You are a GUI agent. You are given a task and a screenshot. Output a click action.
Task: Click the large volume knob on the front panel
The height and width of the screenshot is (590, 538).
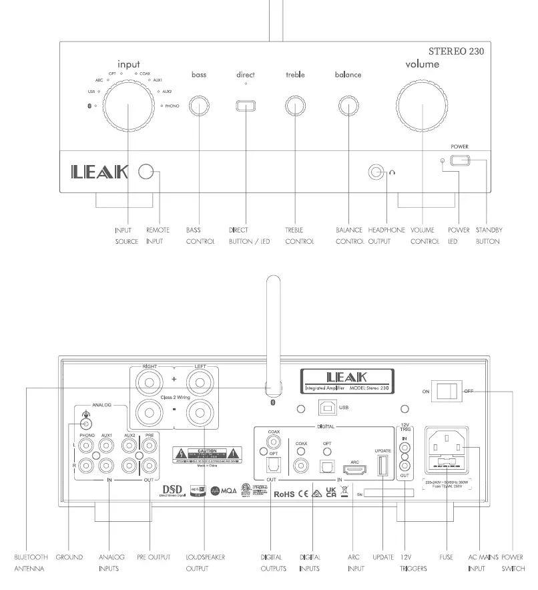(x=422, y=105)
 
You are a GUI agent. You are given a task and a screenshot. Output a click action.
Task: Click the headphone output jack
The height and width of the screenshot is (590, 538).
(x=378, y=172)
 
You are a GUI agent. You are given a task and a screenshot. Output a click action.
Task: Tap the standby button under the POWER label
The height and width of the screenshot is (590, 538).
(x=459, y=160)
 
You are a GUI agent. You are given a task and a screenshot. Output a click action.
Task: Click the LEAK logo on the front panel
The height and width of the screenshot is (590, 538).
(x=99, y=172)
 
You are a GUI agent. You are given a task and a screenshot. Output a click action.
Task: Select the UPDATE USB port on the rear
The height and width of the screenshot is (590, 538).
(x=382, y=464)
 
